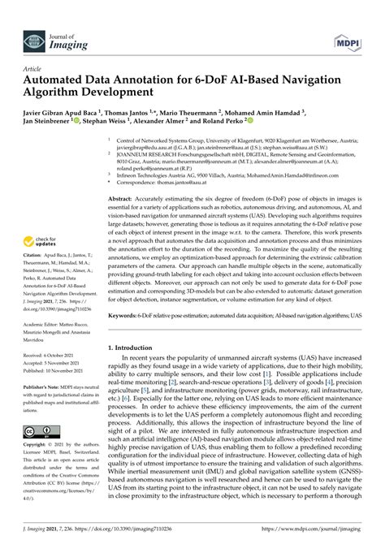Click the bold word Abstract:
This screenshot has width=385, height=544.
coord(121,198)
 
